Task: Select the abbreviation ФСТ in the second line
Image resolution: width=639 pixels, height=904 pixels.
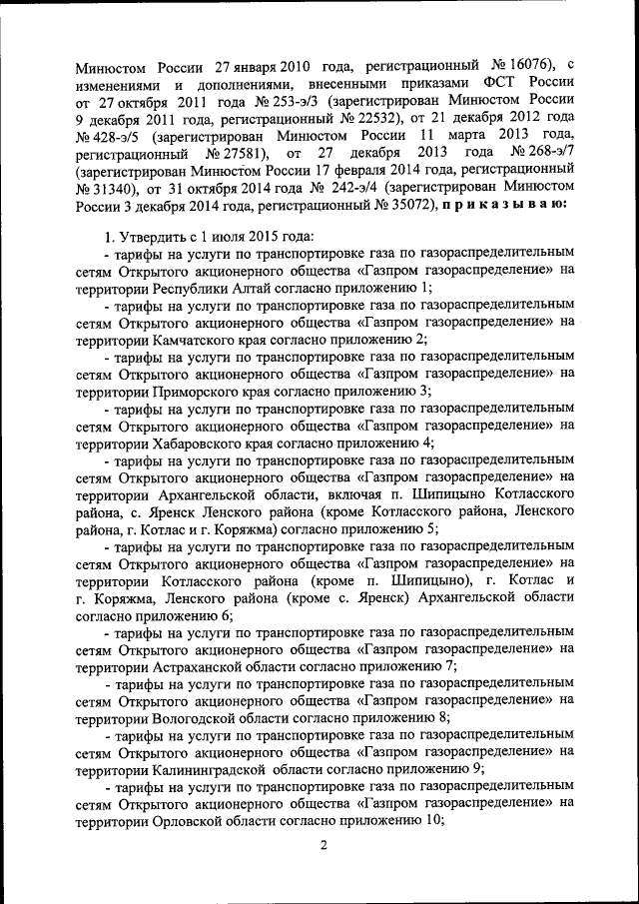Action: (x=496, y=84)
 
